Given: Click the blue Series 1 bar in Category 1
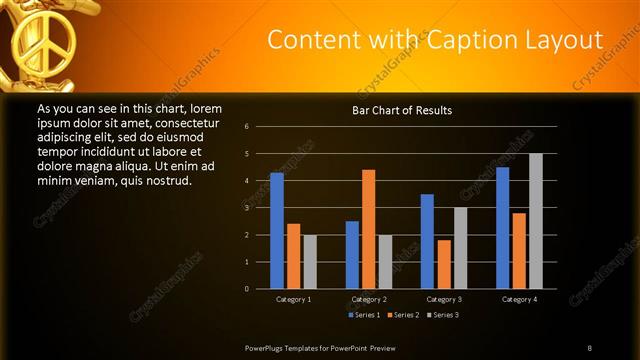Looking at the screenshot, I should pos(277,231).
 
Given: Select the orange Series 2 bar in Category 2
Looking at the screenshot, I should pos(369,229).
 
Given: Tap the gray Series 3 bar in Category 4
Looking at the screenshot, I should pos(536,221).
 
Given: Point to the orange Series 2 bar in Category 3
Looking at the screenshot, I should pos(444,264).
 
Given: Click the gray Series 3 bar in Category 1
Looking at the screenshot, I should pos(310,262).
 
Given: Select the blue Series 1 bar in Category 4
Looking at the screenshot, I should pos(502,228).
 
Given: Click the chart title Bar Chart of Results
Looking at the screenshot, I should pos(402,109).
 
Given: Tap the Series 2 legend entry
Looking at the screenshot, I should pos(402,315).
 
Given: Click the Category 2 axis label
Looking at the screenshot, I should pos(369,299).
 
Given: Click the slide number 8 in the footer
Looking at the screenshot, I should pos(590,347).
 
